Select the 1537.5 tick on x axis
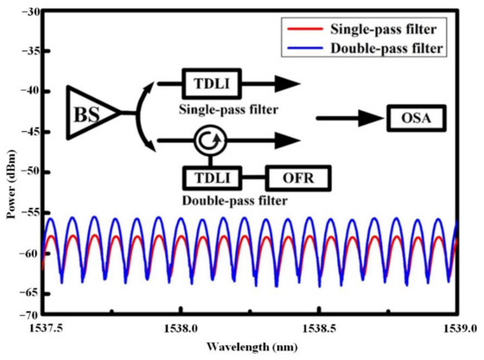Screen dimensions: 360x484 coord(42,327)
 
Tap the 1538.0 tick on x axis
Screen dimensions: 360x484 coord(180,327)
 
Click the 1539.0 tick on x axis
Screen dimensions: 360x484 coord(456,327)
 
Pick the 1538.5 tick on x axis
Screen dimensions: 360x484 coord(319,327)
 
